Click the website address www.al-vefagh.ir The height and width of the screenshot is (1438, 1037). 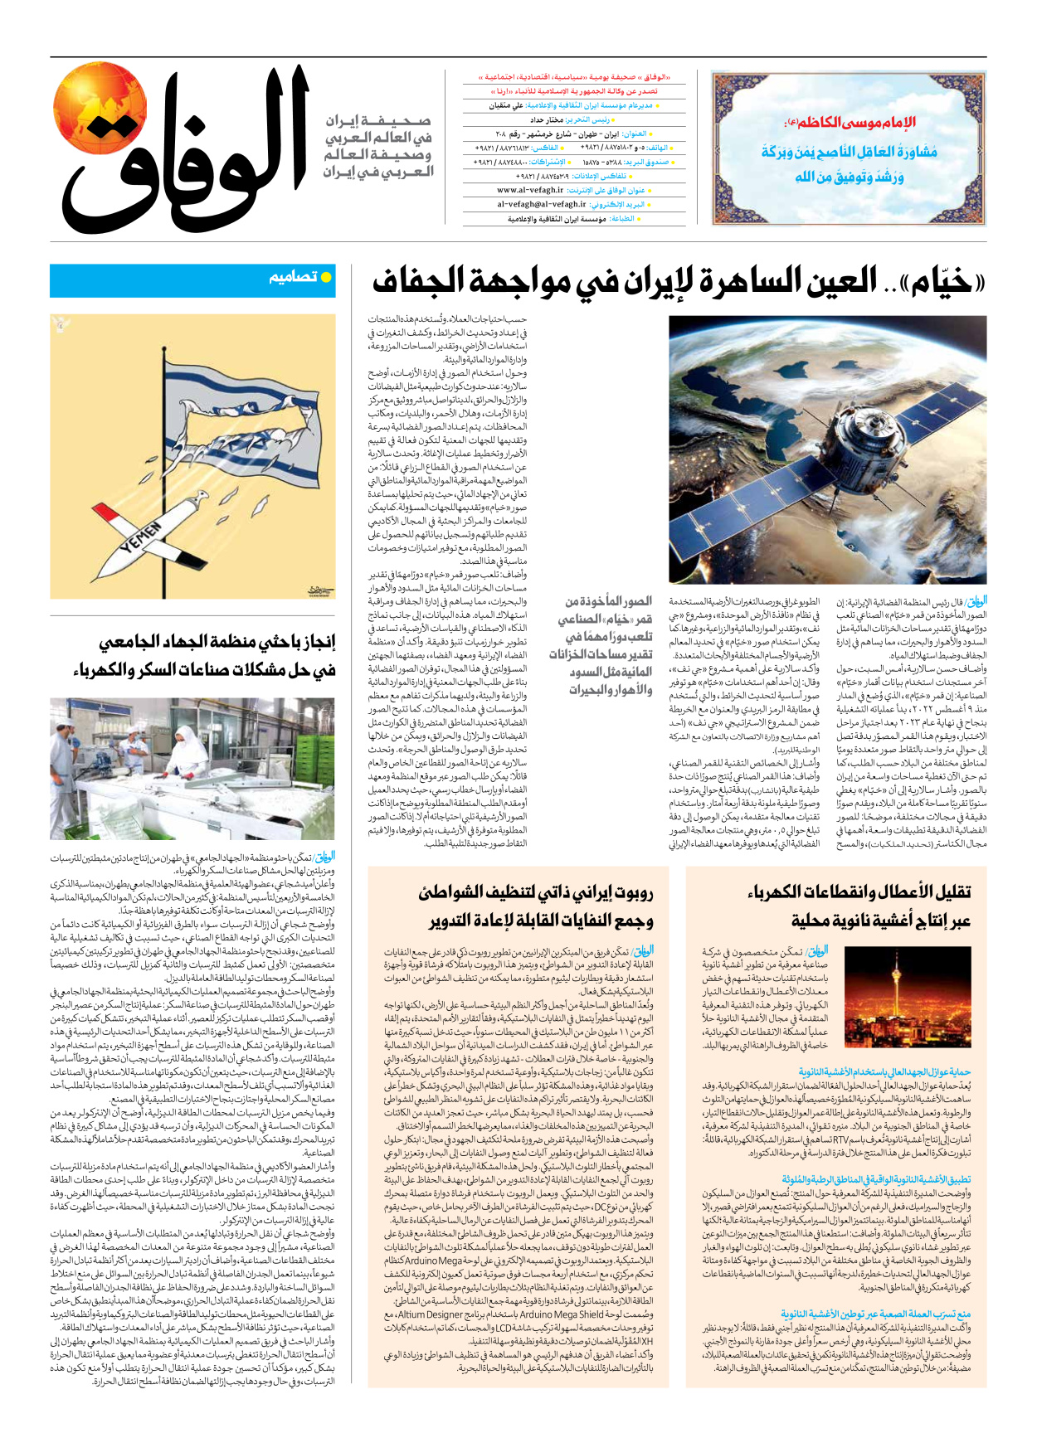point(530,190)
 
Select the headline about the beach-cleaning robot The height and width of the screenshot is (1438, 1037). point(538,906)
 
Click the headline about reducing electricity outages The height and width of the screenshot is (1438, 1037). point(859,906)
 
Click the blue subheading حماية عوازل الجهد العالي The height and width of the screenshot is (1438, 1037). point(884,1072)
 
